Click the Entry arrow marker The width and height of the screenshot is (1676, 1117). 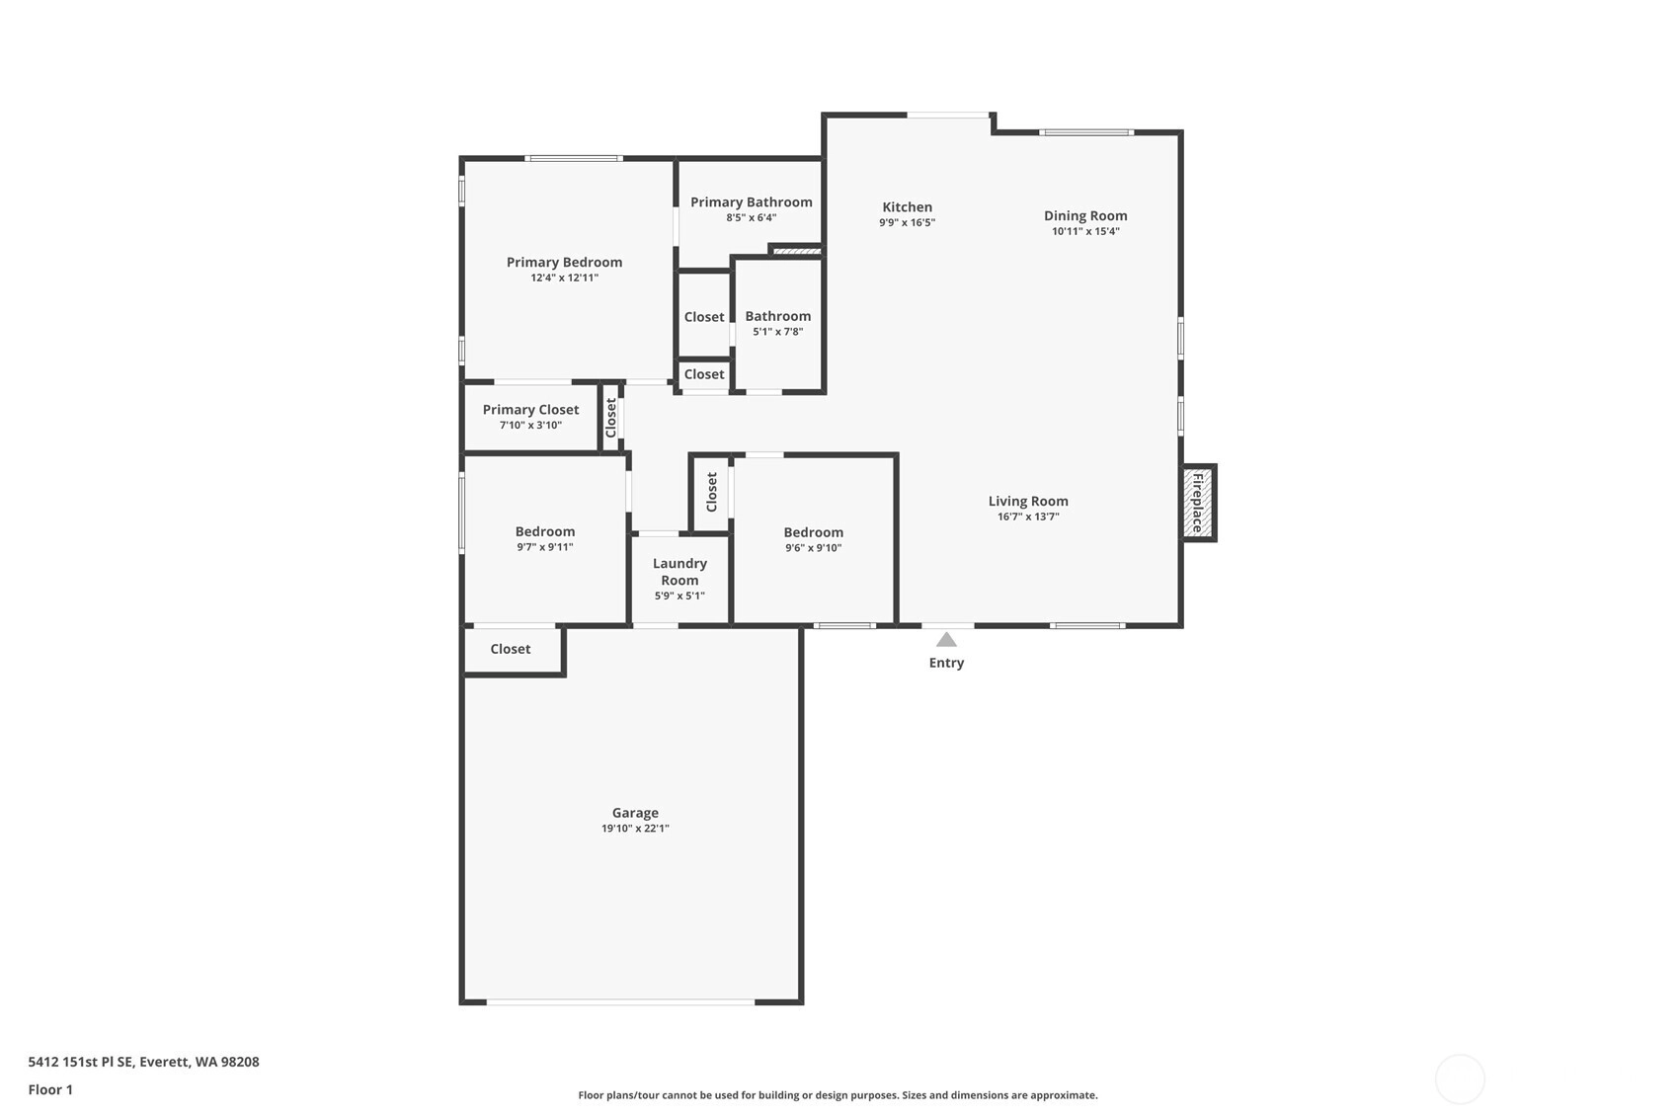click(x=946, y=640)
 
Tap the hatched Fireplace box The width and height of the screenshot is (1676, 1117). click(x=1198, y=503)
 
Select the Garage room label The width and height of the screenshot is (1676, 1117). click(x=635, y=813)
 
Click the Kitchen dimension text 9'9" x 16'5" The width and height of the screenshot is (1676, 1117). click(x=907, y=222)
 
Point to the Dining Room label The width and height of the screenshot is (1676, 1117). click(x=1085, y=215)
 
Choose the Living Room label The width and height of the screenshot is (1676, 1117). click(x=1028, y=502)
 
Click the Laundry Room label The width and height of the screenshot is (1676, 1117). click(x=679, y=572)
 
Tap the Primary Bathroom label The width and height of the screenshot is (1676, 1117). click(x=752, y=202)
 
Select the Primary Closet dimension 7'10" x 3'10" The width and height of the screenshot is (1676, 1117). click(x=530, y=425)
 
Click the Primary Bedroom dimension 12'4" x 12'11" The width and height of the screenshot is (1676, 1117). click(x=564, y=278)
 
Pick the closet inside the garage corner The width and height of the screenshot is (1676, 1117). click(x=511, y=649)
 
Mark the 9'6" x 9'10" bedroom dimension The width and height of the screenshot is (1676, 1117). click(x=813, y=548)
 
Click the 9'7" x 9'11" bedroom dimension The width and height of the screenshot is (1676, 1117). click(x=545, y=547)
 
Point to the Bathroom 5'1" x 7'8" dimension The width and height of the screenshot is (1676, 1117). click(x=778, y=332)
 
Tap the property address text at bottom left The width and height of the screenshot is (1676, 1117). click(x=143, y=1062)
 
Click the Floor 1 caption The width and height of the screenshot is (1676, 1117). click(x=51, y=1089)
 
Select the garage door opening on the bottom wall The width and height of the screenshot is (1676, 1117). click(x=620, y=1001)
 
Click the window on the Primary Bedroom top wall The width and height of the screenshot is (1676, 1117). click(x=574, y=159)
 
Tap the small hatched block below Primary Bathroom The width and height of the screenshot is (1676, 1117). click(x=797, y=252)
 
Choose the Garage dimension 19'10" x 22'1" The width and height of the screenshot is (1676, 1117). click(x=635, y=829)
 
